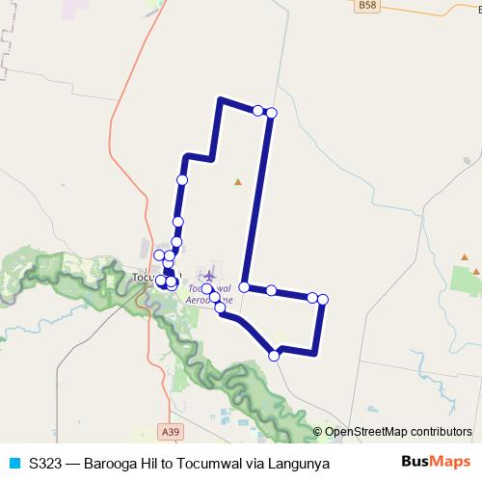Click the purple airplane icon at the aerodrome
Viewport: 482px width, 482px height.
pyautogui.click(x=209, y=276)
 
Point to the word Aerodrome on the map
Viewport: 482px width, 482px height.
pyautogui.click(x=213, y=300)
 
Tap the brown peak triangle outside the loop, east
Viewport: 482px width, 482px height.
pyautogui.click(x=465, y=257)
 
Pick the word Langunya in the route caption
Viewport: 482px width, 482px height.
pyautogui.click(x=300, y=464)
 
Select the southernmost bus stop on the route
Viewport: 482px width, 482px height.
pyautogui.click(x=274, y=356)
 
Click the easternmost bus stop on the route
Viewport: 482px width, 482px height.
pyautogui.click(x=323, y=300)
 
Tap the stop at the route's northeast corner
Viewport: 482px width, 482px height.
pyautogui.click(x=271, y=113)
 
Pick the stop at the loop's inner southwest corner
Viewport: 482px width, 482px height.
pyautogui.click(x=245, y=287)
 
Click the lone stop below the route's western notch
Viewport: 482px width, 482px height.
pyautogui.click(x=182, y=179)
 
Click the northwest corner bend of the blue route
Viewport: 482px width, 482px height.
pyautogui.click(x=222, y=99)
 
